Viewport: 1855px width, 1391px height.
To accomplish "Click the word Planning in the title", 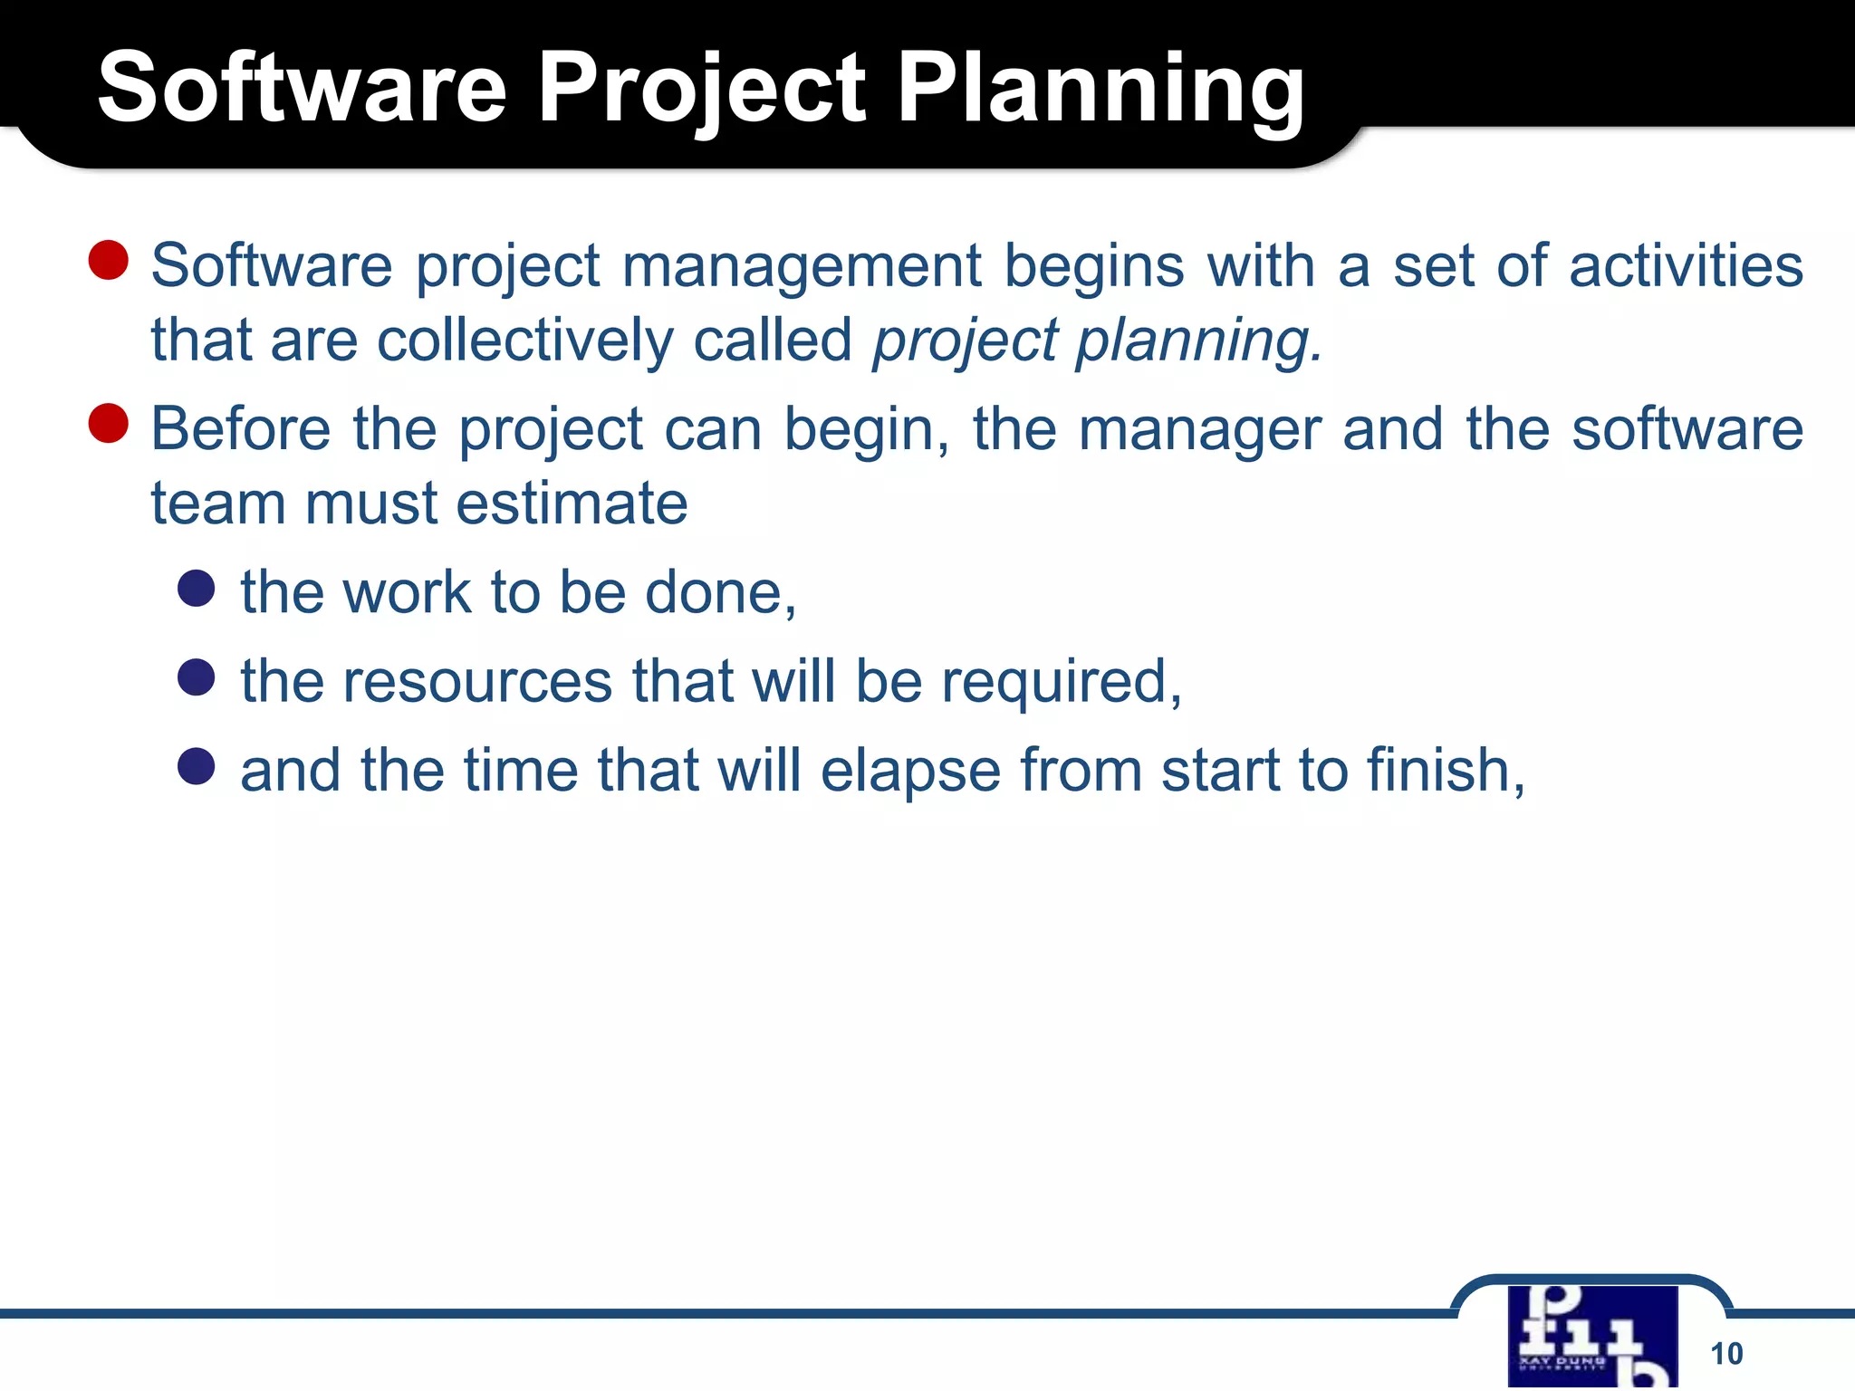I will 1101,91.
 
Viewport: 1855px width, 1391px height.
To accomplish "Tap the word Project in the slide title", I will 702,91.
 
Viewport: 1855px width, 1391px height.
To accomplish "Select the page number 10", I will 1726,1353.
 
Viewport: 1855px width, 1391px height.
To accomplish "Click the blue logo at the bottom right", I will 1592,1337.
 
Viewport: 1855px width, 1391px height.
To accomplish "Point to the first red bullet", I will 109,260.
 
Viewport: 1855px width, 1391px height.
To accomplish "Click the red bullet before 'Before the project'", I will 109,423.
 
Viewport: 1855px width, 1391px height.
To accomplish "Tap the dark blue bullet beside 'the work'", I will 197,588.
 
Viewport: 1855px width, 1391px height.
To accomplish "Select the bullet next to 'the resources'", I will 197,676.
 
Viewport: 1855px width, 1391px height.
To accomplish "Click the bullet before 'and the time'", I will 197,766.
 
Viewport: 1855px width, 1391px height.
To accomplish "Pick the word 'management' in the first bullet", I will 802,266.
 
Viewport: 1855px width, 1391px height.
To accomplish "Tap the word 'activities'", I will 1686,266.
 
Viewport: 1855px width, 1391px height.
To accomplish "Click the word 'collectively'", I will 524,341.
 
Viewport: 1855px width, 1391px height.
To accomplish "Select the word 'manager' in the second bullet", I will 1199,430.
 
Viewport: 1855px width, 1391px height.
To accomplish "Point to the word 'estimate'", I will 572,504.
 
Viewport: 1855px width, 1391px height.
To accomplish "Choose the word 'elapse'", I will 910,771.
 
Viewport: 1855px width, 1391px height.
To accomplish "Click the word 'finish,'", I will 1446,771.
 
